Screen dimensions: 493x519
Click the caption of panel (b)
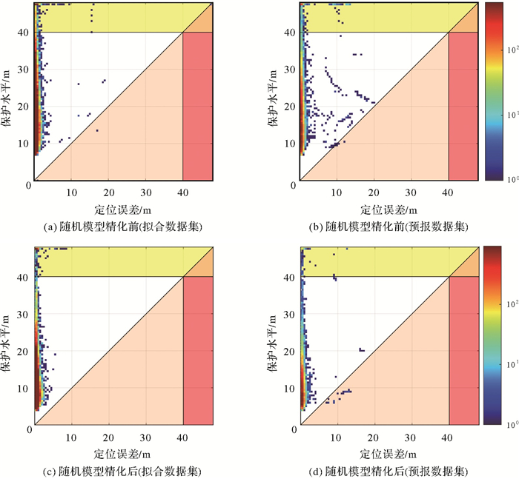coord(390,226)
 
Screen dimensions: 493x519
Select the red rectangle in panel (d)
coord(464,352)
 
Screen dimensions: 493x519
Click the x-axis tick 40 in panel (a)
coord(182,193)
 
